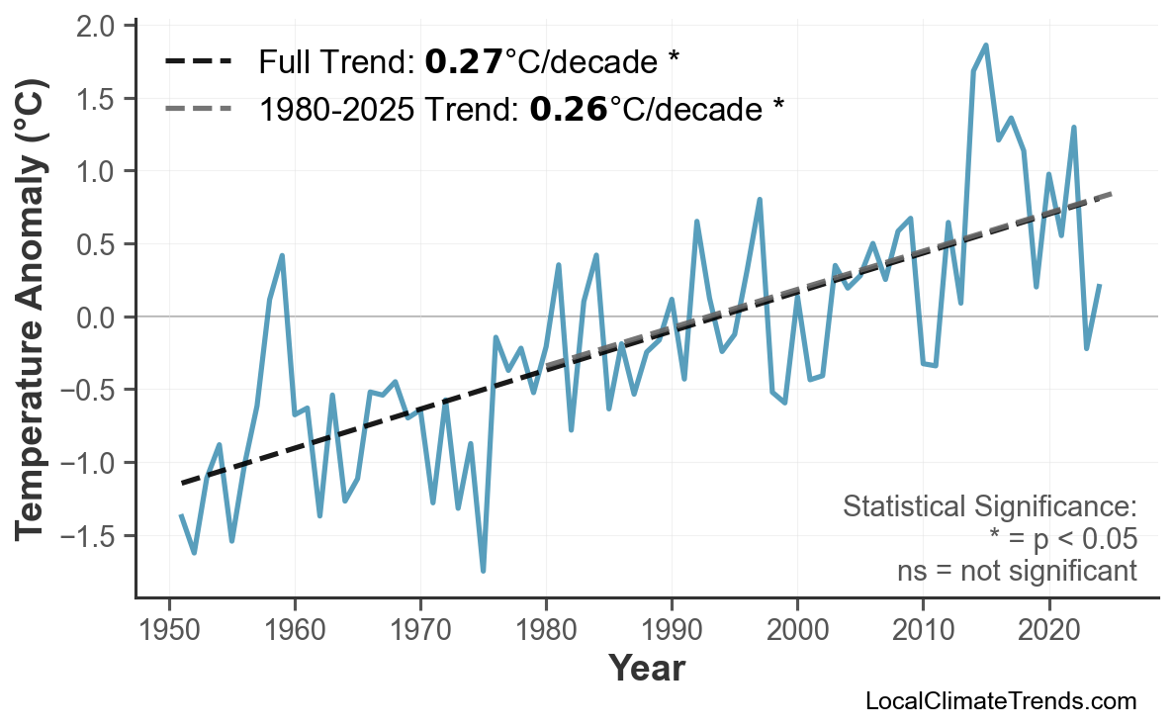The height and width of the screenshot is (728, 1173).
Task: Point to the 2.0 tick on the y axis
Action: point(96,25)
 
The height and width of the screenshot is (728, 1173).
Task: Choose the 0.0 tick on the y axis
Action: point(96,318)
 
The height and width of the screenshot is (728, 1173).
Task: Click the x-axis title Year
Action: point(646,669)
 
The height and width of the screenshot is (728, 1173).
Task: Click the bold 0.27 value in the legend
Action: point(464,62)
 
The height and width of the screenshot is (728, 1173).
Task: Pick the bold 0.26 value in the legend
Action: point(568,108)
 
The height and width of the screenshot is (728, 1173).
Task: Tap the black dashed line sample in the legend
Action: point(198,62)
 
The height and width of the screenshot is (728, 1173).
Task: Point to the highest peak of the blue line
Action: point(986,45)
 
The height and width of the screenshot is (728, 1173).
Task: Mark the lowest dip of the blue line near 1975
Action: point(483,571)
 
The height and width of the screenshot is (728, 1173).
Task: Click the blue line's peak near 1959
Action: point(282,255)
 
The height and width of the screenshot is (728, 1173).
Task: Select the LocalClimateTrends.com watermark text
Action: point(1000,701)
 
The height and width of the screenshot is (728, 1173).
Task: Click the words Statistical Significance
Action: point(989,507)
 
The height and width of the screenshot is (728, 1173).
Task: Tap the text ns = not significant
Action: point(1017,571)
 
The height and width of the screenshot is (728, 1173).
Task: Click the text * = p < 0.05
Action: point(1062,539)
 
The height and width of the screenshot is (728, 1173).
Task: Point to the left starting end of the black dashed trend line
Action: point(182,483)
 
